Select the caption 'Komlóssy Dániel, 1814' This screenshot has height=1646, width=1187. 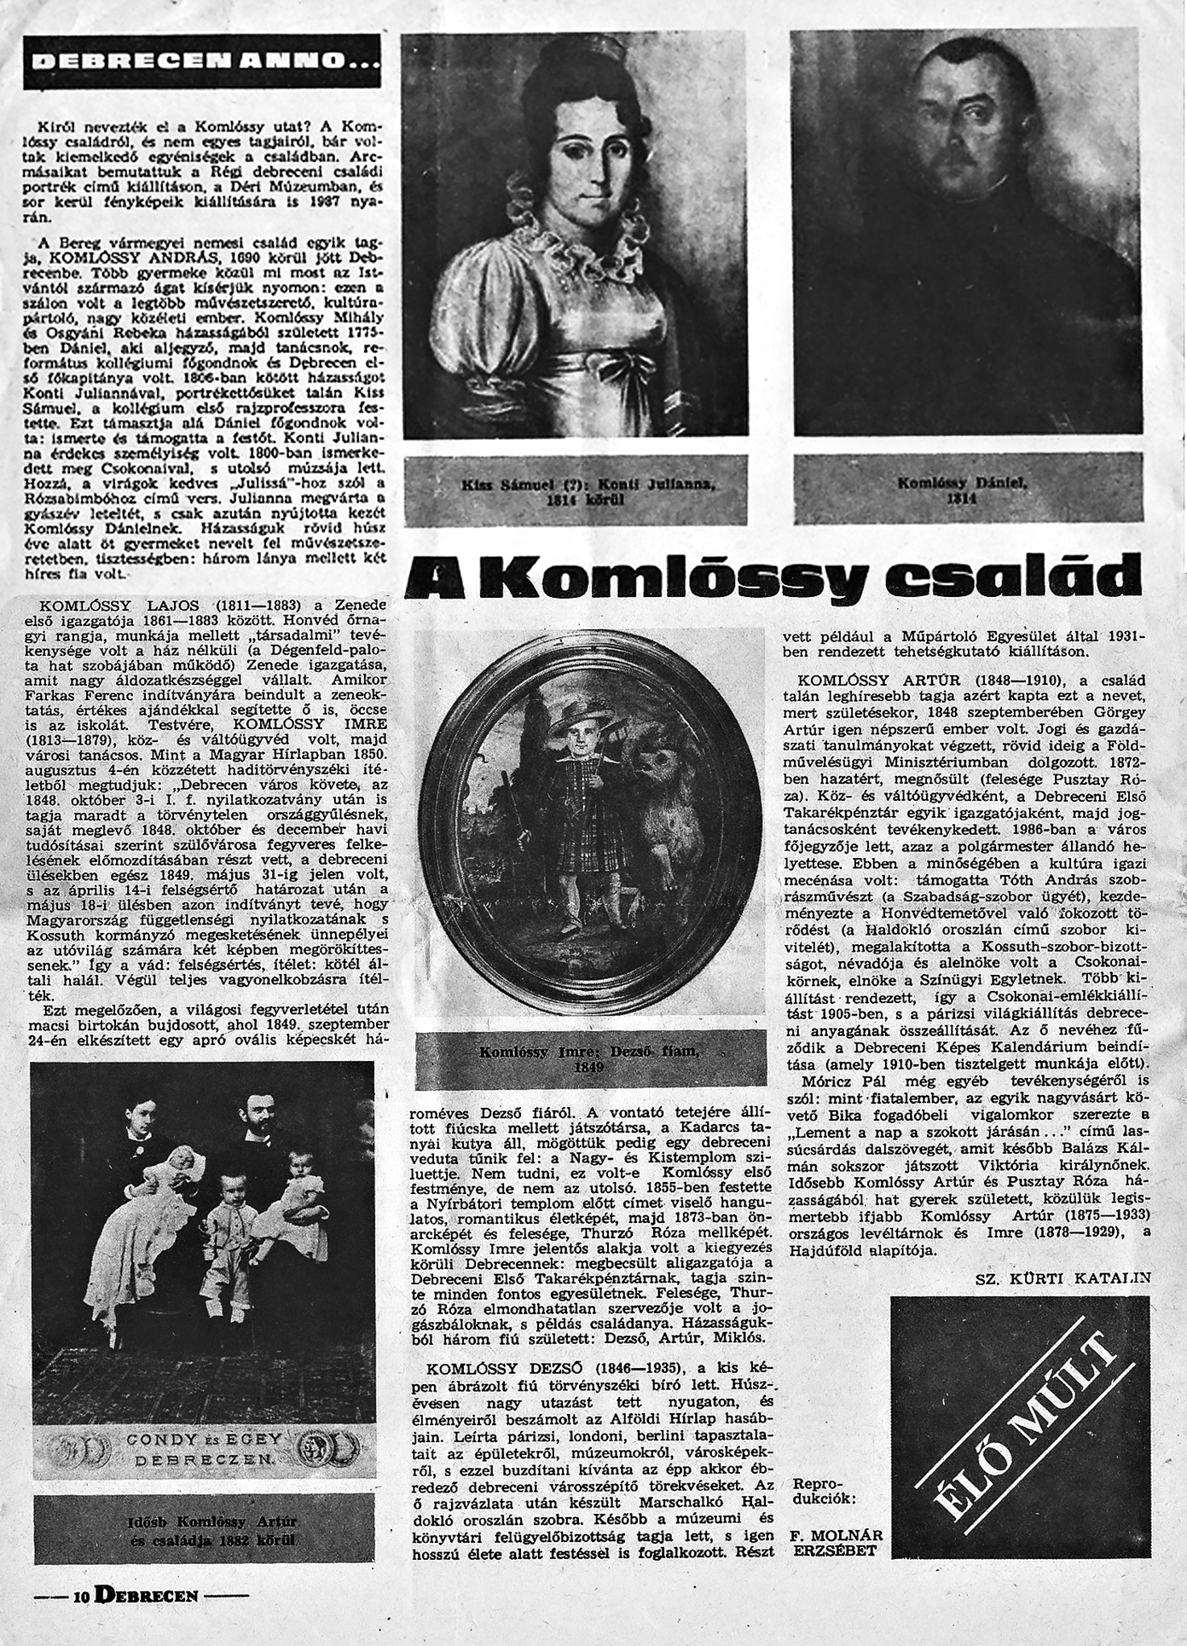point(967,490)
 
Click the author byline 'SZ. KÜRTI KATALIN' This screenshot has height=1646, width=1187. point(1063,1278)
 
